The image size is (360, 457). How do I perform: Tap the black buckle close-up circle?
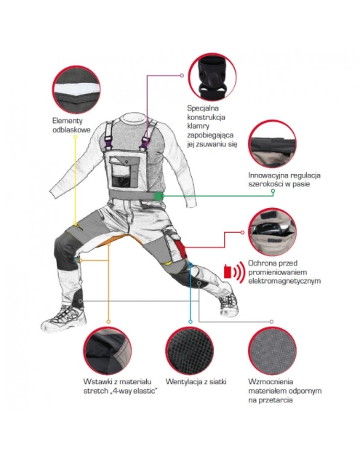pyautogui.click(x=212, y=77)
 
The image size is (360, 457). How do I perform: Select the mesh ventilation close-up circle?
pyautogui.click(x=190, y=351)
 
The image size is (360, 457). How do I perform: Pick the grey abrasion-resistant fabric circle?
pyautogui.click(x=272, y=351)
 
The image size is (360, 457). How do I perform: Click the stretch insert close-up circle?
pyautogui.click(x=108, y=351)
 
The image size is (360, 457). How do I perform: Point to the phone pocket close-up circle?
pyautogui.click(x=272, y=231)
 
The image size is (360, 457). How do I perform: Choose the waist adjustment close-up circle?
pyautogui.click(x=272, y=143)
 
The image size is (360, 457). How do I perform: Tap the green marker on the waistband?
pyautogui.click(x=159, y=196)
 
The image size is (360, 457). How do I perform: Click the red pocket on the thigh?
pyautogui.click(x=180, y=247)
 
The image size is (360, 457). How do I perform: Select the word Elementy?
pyautogui.click(x=68, y=121)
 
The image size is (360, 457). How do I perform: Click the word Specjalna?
pyautogui.click(x=203, y=108)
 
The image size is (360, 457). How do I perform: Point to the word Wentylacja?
pyautogui.click(x=184, y=382)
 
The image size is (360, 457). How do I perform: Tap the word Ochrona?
pyautogui.click(x=260, y=263)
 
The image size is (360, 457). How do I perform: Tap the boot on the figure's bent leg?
pyautogui.click(x=63, y=319)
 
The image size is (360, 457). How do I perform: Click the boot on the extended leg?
pyautogui.click(x=229, y=303)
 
